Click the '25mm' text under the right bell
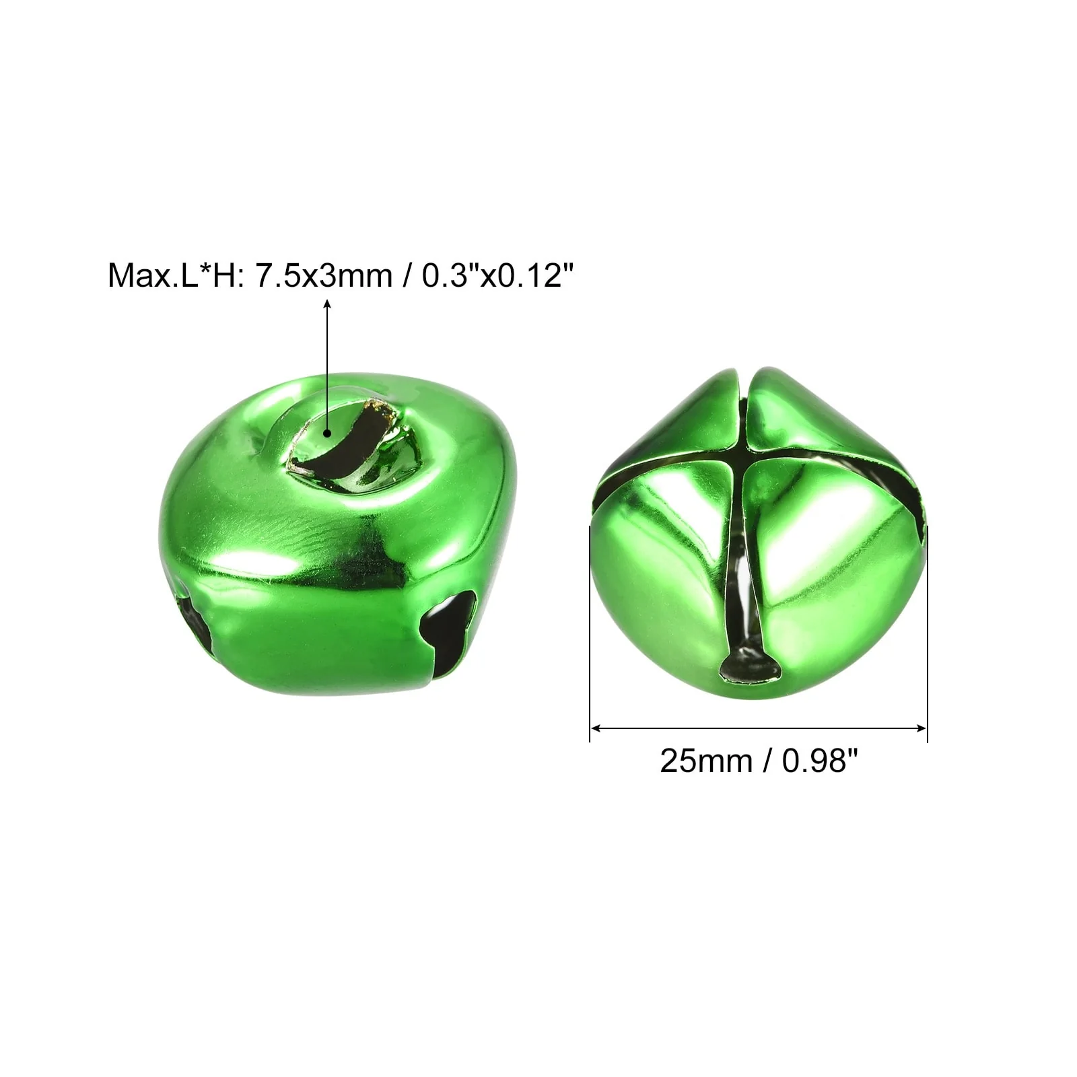click(706, 761)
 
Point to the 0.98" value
click(821, 761)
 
